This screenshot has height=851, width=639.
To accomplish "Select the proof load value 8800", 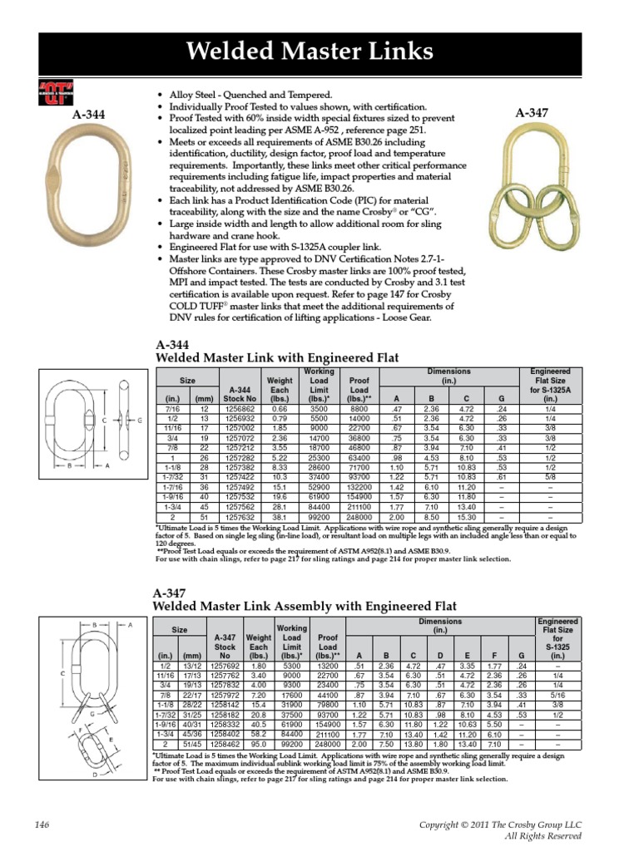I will (359, 409).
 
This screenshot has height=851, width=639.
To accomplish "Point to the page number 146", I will (44, 824).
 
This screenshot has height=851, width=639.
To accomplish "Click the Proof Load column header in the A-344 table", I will (359, 388).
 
